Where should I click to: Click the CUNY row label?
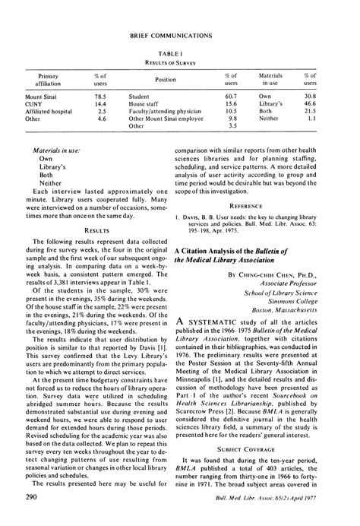point(33,105)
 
